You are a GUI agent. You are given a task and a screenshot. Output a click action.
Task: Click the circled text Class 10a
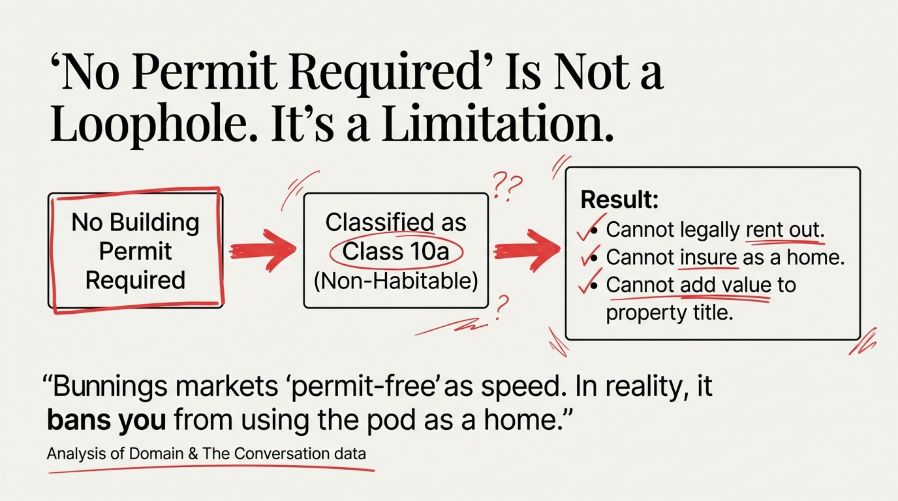[396, 251]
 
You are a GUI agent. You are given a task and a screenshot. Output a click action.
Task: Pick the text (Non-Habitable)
[396, 281]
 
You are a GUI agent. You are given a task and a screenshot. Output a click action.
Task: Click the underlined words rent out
[785, 229]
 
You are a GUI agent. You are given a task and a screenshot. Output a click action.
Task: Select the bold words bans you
[106, 420]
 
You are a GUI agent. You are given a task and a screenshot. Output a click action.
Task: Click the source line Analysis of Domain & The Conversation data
[206, 454]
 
